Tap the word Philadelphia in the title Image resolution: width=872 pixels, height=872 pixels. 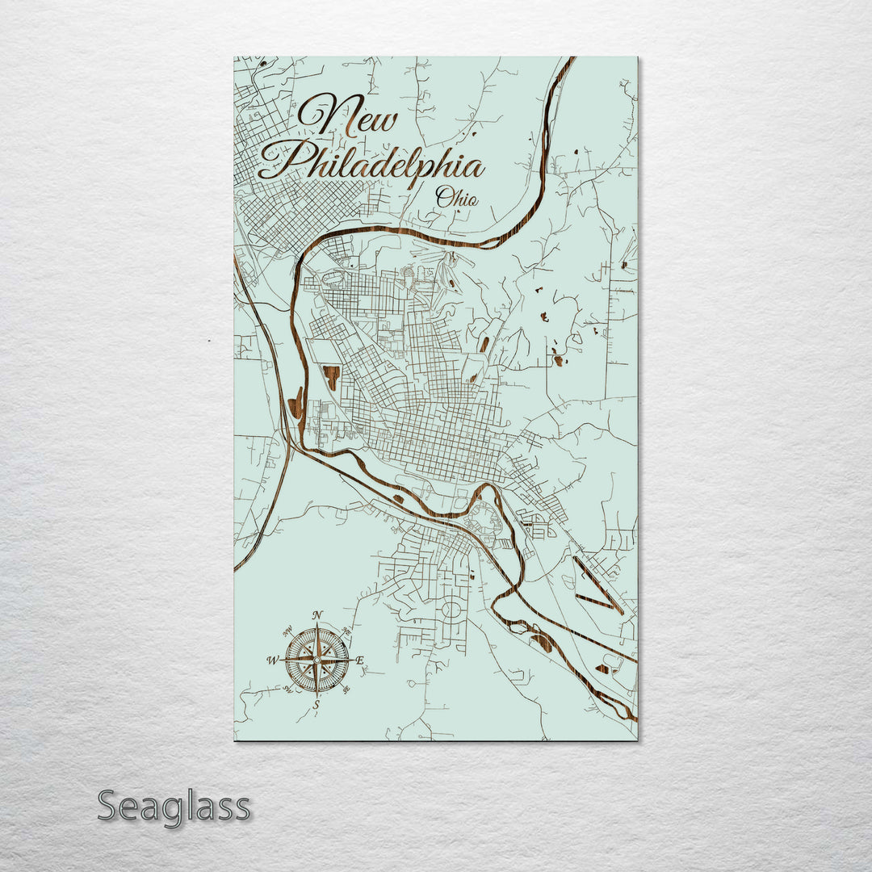coord(371,161)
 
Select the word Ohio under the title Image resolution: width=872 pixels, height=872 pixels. coord(456,197)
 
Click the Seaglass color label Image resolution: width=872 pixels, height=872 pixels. coord(174,806)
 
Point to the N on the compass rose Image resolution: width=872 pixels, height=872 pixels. coord(317,615)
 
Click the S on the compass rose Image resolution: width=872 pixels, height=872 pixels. coord(317,705)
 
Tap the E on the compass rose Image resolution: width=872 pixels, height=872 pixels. coord(360,661)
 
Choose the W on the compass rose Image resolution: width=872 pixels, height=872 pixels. coord(272,661)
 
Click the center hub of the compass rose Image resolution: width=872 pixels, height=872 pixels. coord(317,660)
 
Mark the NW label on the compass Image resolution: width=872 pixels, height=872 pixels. coord(288,631)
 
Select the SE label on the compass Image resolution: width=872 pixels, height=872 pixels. coord(346,690)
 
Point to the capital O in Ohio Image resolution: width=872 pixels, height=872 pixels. coord(443,195)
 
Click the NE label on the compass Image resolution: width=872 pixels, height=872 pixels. coord(346,631)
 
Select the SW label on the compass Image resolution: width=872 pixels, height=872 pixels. coord(287,690)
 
